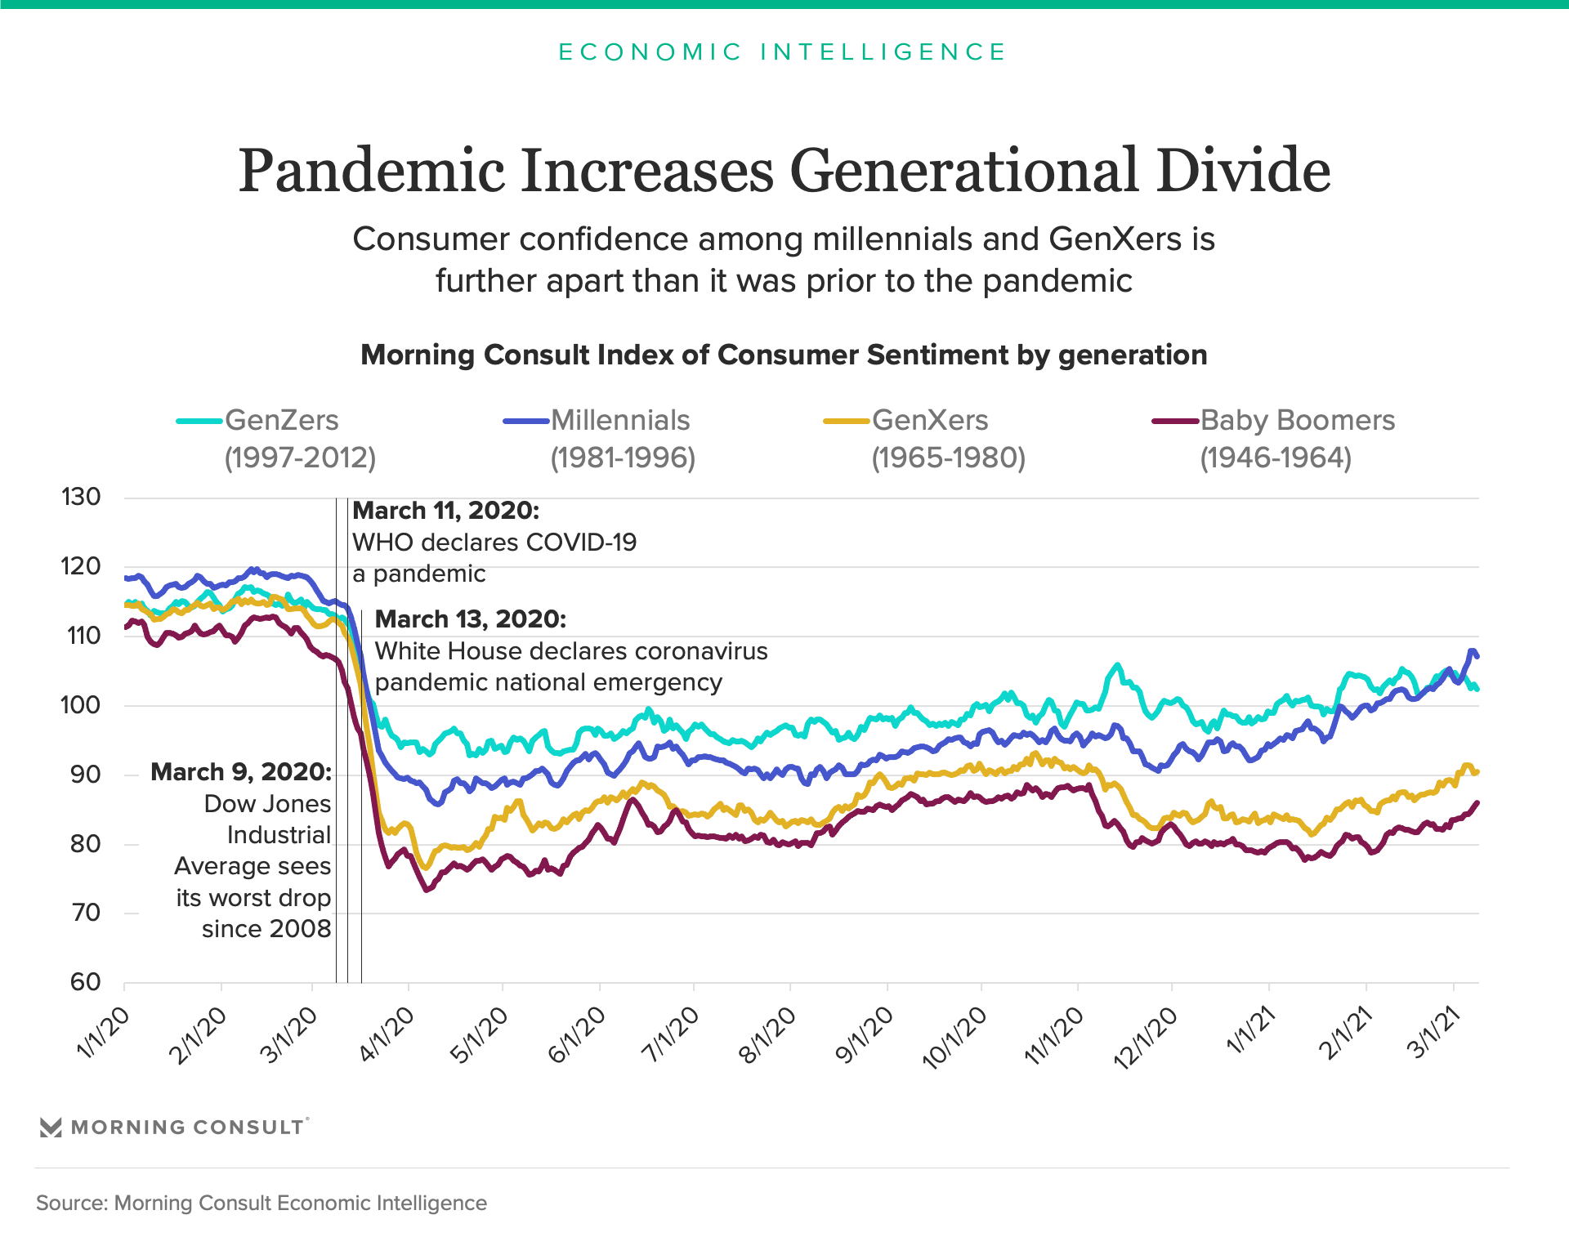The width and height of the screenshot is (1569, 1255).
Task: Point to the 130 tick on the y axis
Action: (81, 497)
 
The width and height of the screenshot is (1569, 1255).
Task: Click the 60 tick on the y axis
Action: (85, 982)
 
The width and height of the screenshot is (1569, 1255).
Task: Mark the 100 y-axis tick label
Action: (81, 705)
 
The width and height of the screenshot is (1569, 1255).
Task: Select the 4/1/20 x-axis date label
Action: (387, 1034)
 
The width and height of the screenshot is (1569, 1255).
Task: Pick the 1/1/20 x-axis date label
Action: (103, 1034)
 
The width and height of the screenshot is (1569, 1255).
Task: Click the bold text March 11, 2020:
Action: (445, 511)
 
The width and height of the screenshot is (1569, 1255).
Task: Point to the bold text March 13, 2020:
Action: (470, 619)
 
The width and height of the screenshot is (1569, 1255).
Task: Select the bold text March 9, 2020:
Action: (241, 772)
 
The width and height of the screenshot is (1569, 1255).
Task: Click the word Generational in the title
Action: (964, 171)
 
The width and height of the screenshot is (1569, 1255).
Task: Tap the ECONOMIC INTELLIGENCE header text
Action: (783, 52)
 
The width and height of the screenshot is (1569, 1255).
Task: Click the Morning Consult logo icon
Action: (51, 1128)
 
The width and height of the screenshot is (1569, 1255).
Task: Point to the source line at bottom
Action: (261, 1204)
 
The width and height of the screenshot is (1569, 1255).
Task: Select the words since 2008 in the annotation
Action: (266, 929)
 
